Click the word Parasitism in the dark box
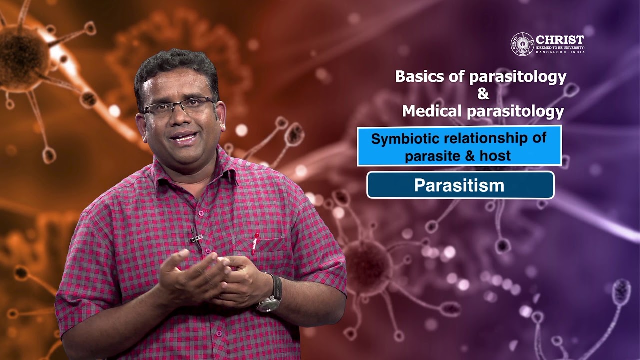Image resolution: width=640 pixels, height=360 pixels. pyautogui.click(x=459, y=186)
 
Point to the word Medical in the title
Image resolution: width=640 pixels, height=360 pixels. pyautogui.click(x=432, y=111)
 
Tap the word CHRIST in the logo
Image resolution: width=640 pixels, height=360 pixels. pyautogui.click(x=560, y=40)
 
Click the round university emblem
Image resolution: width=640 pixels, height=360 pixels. pyautogui.click(x=522, y=44)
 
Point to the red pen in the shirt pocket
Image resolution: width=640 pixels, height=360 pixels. pyautogui.click(x=255, y=242)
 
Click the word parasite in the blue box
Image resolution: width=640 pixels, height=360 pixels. pyautogui.click(x=431, y=156)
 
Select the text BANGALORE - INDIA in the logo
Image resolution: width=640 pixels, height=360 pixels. pyautogui.click(x=560, y=52)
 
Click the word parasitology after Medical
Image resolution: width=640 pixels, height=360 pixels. pyautogui.click(x=515, y=111)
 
